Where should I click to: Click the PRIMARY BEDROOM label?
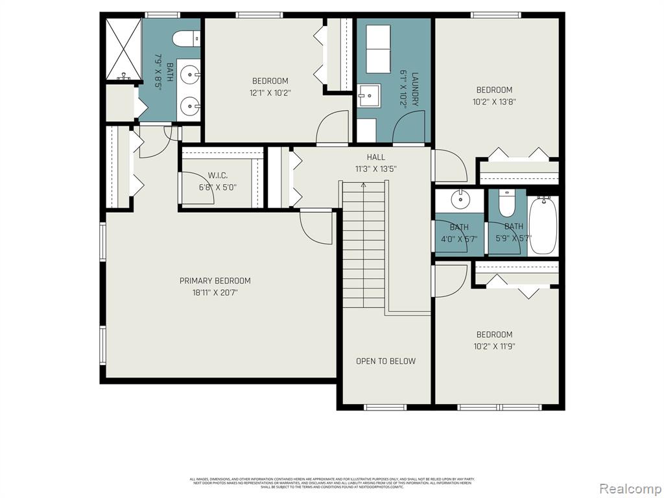215,281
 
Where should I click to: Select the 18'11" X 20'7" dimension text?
215,292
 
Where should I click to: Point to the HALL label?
375,157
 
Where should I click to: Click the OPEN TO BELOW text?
386,361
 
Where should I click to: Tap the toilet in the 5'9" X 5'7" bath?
506,204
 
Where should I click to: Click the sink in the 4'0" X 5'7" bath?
461,199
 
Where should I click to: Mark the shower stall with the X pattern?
123,48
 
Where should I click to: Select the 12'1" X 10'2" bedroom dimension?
270,93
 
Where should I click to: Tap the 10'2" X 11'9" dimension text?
494,346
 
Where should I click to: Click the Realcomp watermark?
630,488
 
